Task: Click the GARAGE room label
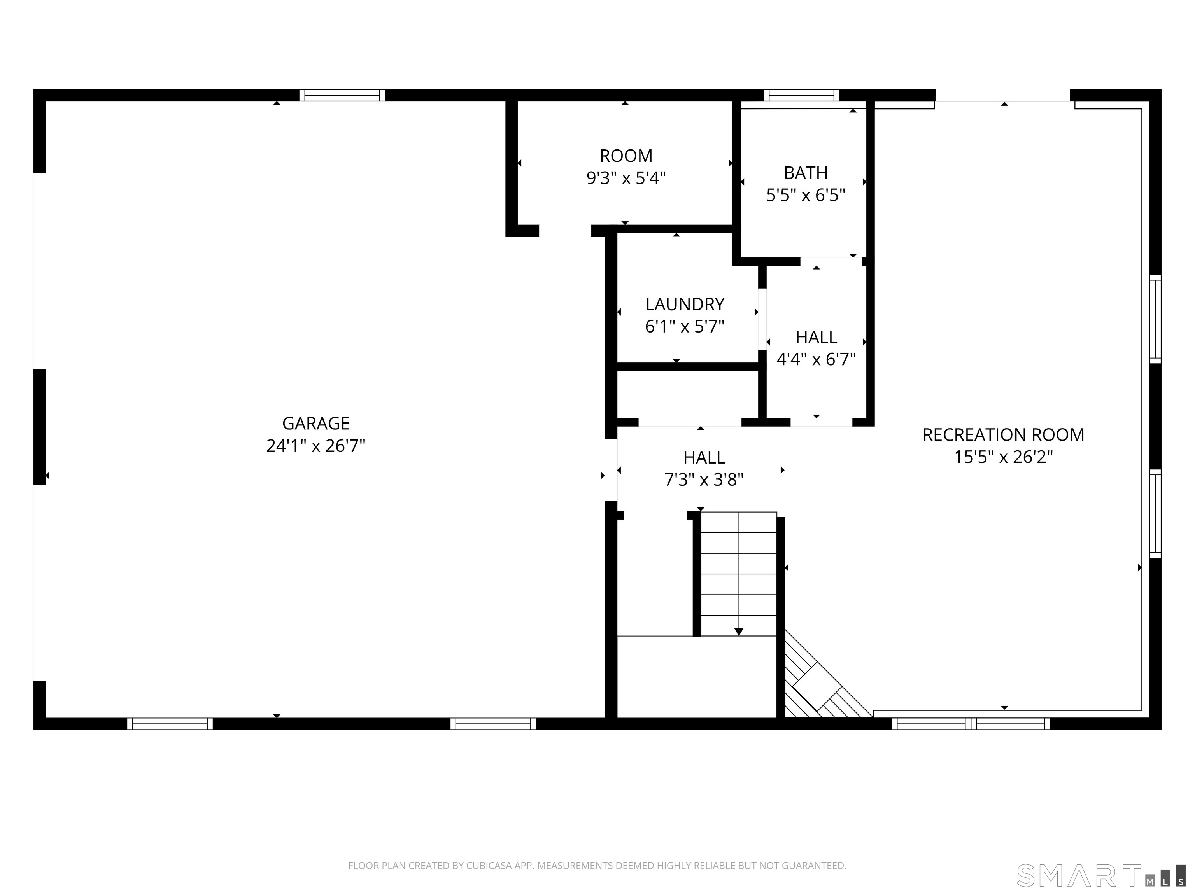pyautogui.click(x=315, y=423)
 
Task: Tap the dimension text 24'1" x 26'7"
pyautogui.click(x=315, y=446)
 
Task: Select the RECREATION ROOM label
pyautogui.click(x=1003, y=435)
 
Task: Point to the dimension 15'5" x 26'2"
pyautogui.click(x=1003, y=457)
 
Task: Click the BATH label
pyautogui.click(x=806, y=173)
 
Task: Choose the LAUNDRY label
pyautogui.click(x=685, y=304)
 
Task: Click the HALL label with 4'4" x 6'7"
pyautogui.click(x=816, y=337)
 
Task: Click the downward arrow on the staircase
pyautogui.click(x=738, y=631)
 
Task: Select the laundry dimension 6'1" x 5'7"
pyautogui.click(x=685, y=327)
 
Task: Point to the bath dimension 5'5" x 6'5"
pyautogui.click(x=806, y=195)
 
